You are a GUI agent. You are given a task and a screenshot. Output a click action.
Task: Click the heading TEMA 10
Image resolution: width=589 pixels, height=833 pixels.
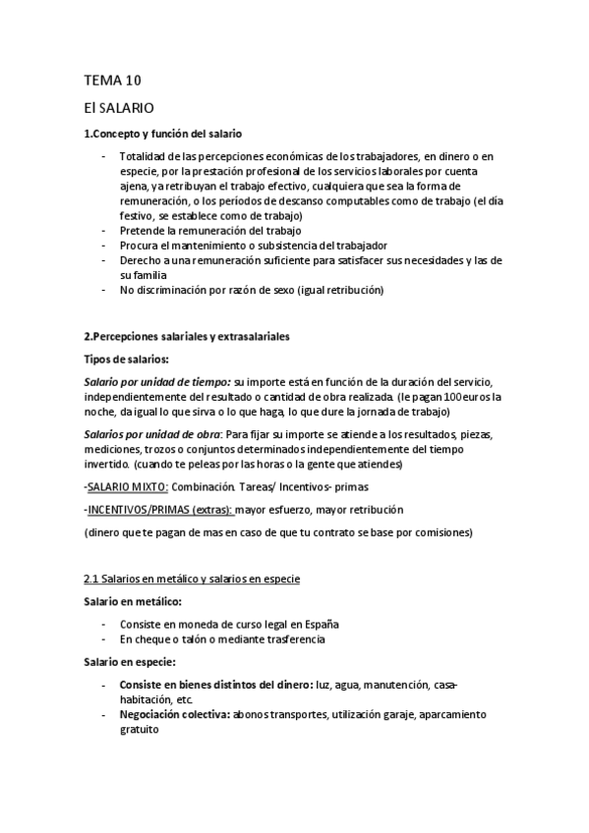pos(114,82)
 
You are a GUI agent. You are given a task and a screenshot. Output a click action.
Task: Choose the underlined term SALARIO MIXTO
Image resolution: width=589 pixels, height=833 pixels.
pos(127,486)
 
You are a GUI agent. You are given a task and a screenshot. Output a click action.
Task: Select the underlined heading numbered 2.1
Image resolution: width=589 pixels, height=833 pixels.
pos(192,580)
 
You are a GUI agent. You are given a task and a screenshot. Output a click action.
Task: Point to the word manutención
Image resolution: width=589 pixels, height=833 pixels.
pos(396,685)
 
